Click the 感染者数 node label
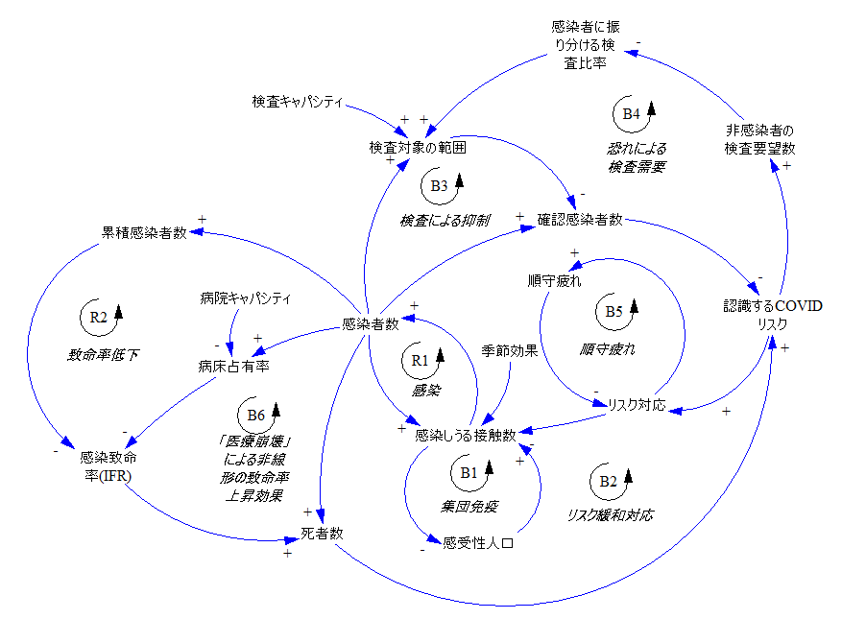371,324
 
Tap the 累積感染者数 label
144,231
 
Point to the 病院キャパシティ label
245,298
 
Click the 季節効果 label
509,350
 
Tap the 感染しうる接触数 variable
466,436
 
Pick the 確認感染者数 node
579,219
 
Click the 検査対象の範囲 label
418,148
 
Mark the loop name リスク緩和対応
611,515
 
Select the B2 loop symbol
609,481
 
